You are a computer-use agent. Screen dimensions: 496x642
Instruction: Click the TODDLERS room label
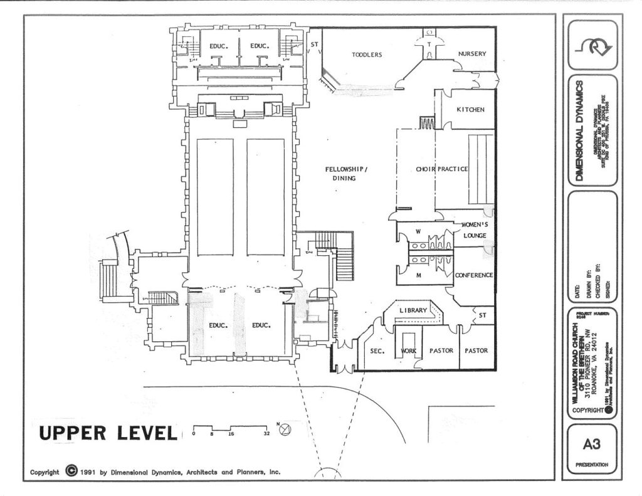(367, 55)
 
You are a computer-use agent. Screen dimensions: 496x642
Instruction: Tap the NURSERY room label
(472, 54)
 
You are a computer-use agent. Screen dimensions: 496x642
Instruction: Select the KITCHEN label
(470, 110)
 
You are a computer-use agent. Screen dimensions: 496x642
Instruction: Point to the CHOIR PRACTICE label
(442, 169)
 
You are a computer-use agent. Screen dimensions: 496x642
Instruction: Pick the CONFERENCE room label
(474, 275)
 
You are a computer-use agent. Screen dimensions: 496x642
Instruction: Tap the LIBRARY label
(413, 310)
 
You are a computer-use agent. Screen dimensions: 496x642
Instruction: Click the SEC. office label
(377, 351)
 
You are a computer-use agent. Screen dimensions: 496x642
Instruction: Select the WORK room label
(408, 351)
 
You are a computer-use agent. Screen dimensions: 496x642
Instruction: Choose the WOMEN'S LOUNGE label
(475, 230)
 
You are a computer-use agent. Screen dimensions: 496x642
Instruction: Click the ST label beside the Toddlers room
(314, 45)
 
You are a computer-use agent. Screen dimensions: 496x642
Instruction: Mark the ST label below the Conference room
(483, 315)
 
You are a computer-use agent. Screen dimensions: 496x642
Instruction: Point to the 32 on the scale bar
(267, 433)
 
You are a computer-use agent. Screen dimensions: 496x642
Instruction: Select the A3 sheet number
(591, 445)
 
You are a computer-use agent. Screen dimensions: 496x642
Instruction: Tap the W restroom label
(418, 231)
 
